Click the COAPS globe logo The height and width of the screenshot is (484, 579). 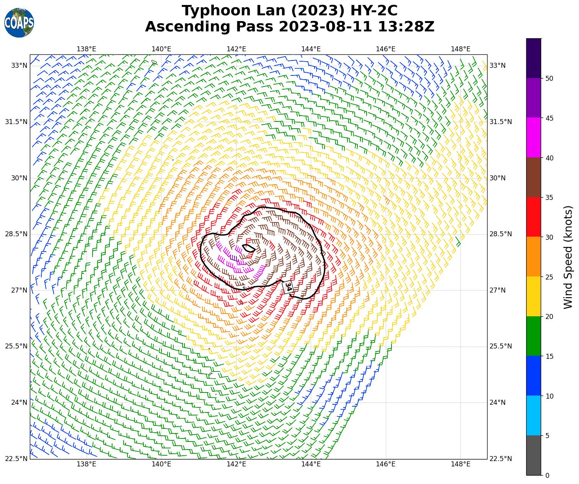tap(19, 23)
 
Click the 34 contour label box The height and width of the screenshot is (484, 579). tap(288, 287)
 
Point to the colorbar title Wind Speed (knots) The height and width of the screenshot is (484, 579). tap(568, 257)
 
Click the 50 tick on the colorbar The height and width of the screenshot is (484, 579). tap(550, 78)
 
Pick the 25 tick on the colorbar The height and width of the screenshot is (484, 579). tap(550, 277)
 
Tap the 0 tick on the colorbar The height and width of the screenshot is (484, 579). tap(547, 475)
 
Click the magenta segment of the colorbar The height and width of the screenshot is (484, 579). tap(534, 137)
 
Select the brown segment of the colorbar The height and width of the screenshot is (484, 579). tap(534, 177)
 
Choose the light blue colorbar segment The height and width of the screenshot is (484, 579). tap(534, 415)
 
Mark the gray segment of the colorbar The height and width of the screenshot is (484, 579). tap(534, 455)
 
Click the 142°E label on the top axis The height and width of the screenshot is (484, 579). tap(236, 49)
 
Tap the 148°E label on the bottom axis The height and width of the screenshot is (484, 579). tap(460, 464)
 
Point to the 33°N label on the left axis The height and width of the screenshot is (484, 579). tap(19, 65)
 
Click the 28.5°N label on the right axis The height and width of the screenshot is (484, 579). tap(497, 234)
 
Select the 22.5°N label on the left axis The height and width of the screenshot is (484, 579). tap(16, 459)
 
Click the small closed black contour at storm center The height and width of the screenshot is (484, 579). tap(248, 248)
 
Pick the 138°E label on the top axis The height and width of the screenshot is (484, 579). tap(86, 49)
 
